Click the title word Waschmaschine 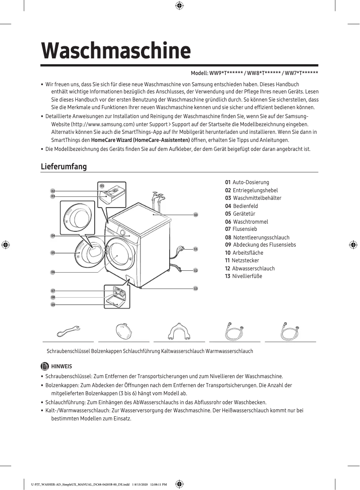click(x=116, y=51)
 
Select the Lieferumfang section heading click(x=63, y=167)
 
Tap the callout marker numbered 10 click(x=196, y=215)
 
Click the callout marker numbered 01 click(x=102, y=185)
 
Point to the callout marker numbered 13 click(x=196, y=288)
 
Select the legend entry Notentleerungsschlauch click(x=261, y=238)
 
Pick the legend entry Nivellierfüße click(x=247, y=276)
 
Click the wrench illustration click(x=68, y=332)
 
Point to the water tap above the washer click(x=156, y=196)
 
